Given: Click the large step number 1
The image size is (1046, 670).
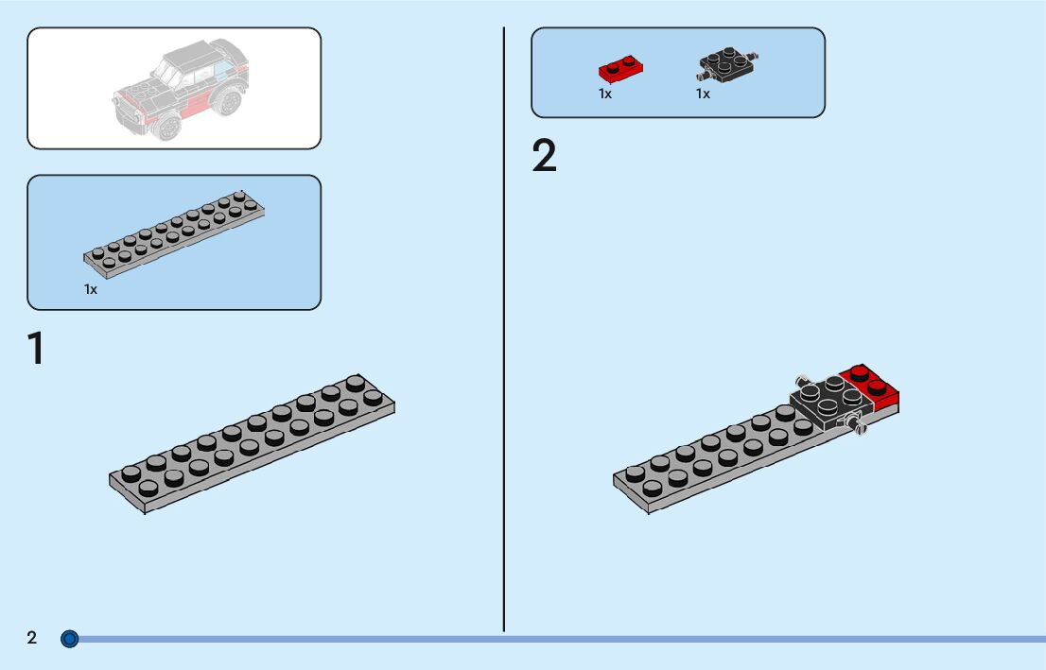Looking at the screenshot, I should pyautogui.click(x=36, y=348).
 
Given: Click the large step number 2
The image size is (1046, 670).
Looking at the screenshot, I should pyautogui.click(x=544, y=157).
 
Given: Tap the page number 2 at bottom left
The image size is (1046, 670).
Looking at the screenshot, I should pyautogui.click(x=32, y=638).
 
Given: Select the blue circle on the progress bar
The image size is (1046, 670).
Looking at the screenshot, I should pyautogui.click(x=69, y=639).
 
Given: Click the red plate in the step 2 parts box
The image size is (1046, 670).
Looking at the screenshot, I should pyautogui.click(x=621, y=68).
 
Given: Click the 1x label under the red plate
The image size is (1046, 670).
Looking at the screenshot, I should pyautogui.click(x=605, y=94).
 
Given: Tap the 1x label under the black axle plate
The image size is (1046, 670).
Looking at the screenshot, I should pyautogui.click(x=703, y=94).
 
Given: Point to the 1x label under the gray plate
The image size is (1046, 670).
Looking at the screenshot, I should pyautogui.click(x=91, y=289).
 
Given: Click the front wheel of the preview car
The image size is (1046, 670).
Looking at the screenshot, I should pyautogui.click(x=169, y=127).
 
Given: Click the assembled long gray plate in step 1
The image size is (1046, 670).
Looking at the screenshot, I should pyautogui.click(x=252, y=442).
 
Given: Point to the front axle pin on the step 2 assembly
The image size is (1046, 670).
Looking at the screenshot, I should pyautogui.click(x=860, y=429).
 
